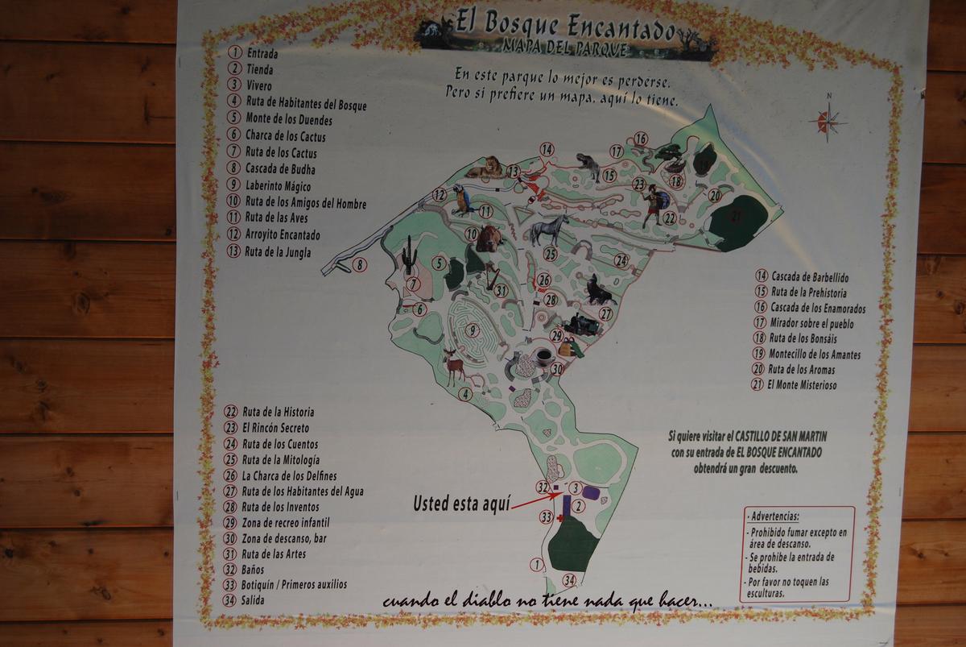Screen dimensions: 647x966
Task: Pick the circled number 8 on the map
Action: pos(360,263)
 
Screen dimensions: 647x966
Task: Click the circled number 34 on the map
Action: pos(569,580)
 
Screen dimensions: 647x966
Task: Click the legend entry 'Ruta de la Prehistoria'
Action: pos(808,292)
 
